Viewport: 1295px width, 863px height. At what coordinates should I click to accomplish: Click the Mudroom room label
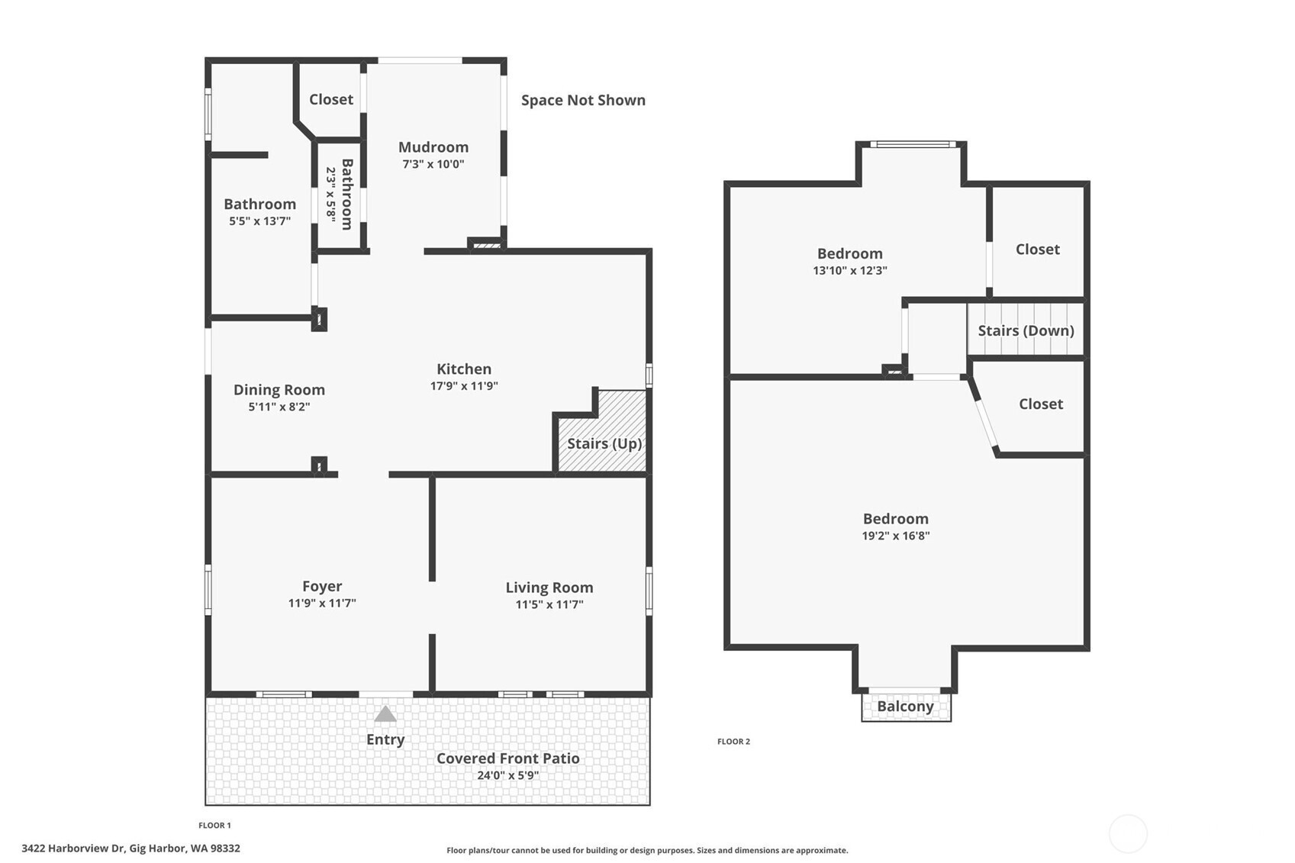(x=433, y=147)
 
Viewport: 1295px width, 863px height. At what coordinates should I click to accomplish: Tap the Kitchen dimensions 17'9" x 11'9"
(x=464, y=386)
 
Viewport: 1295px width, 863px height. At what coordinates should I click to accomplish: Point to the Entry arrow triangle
(x=385, y=713)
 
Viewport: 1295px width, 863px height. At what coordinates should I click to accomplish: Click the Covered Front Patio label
(x=508, y=758)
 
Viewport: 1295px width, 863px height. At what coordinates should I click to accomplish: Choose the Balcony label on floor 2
(x=905, y=707)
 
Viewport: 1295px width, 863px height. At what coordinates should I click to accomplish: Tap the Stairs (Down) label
(x=1026, y=330)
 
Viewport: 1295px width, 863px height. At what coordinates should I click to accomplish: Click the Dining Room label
(x=279, y=390)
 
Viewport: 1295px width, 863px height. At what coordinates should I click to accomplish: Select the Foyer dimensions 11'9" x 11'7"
(x=322, y=604)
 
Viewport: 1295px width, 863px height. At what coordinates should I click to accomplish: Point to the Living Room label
(x=549, y=588)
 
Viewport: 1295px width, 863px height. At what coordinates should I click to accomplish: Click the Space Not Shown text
(x=583, y=100)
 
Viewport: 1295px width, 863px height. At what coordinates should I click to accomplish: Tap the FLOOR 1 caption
(x=214, y=826)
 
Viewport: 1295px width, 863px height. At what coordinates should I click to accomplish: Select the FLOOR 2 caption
(x=733, y=742)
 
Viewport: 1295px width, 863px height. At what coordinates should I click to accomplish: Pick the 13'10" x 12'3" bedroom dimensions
(x=850, y=271)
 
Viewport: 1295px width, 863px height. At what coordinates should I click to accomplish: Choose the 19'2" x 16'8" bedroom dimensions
(x=896, y=536)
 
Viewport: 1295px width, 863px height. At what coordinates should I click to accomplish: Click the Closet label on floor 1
(x=331, y=99)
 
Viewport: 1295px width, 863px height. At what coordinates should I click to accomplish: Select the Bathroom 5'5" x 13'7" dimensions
(x=260, y=221)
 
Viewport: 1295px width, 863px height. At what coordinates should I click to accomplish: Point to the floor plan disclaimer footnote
(x=647, y=850)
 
